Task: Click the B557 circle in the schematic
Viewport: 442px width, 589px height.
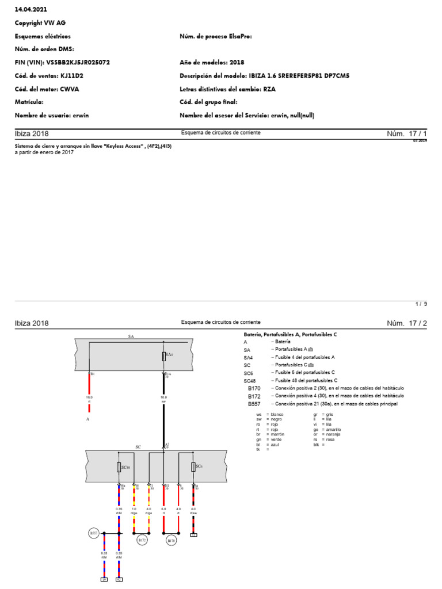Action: pos(93,534)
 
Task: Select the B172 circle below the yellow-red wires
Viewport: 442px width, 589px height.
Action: pos(142,540)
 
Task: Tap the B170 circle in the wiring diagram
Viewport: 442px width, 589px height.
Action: pos(171,540)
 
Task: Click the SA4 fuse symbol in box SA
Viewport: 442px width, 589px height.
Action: pos(164,356)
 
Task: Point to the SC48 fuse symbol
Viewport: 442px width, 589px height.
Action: pos(119,467)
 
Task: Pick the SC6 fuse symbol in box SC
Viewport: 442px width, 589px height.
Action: pos(193,466)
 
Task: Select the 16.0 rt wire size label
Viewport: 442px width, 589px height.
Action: pos(89,399)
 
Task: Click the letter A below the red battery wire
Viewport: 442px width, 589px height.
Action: pos(88,420)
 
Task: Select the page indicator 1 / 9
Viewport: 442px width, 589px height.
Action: pos(421,304)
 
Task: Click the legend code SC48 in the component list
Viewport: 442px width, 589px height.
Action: pos(250,381)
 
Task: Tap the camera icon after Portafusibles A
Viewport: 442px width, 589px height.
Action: pos(311,350)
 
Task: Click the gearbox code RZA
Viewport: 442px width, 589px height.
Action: pos(269,89)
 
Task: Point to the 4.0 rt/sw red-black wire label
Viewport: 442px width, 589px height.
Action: pos(193,510)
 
